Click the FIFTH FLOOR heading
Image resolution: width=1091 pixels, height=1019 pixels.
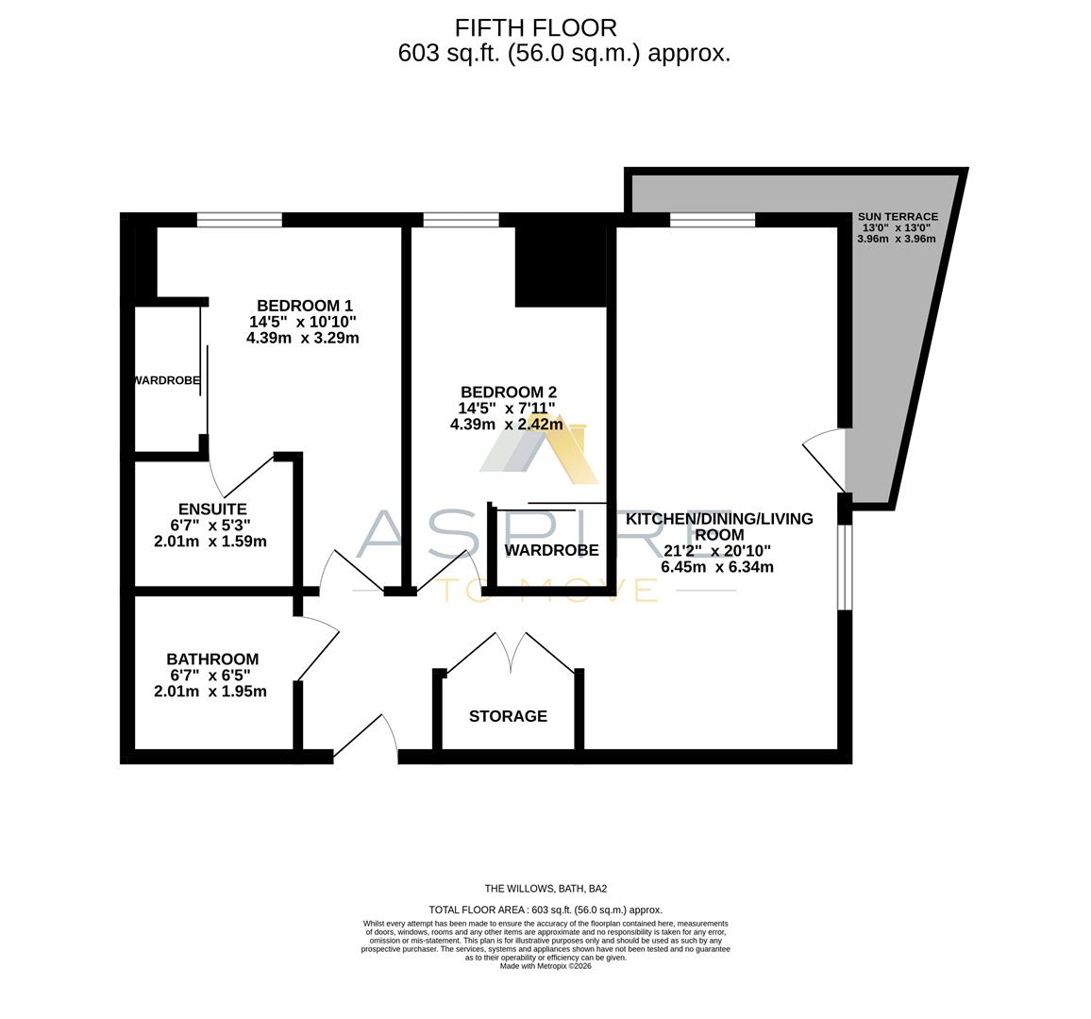tap(536, 27)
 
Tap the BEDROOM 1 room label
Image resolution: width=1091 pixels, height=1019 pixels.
tap(304, 306)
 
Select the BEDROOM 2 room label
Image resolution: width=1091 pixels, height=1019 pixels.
tap(508, 393)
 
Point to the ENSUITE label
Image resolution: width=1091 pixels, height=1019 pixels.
tap(212, 509)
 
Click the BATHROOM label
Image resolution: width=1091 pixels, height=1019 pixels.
tap(212, 660)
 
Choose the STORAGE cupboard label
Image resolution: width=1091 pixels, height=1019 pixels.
tap(508, 716)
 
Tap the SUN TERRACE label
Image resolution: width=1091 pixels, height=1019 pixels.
tap(897, 216)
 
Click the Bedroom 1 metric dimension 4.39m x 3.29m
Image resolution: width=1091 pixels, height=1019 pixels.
tap(302, 338)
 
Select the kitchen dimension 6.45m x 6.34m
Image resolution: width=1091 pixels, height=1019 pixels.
tap(717, 567)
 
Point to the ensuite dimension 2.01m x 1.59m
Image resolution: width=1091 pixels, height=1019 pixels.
tap(210, 542)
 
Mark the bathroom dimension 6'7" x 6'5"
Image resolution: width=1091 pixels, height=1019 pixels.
tap(210, 676)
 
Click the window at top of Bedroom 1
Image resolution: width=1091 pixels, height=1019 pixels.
tap(240, 221)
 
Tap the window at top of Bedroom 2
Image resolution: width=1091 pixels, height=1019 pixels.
tap(461, 221)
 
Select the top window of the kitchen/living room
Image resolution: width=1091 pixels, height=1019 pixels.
tap(713, 221)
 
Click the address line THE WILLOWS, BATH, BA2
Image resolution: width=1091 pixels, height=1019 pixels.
tap(545, 888)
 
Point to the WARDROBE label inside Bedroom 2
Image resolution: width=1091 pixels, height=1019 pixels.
tap(551, 550)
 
